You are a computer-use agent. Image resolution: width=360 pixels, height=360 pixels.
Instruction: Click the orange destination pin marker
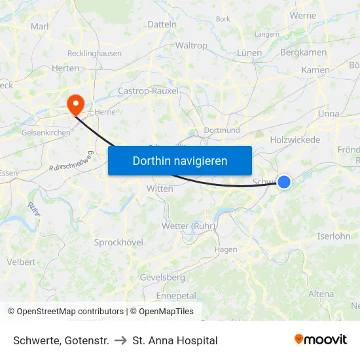[75, 102]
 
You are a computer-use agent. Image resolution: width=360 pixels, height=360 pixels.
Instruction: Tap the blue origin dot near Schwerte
[284, 182]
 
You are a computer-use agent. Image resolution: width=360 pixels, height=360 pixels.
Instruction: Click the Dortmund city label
[221, 130]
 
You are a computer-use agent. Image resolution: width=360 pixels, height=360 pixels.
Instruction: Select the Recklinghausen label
[94, 53]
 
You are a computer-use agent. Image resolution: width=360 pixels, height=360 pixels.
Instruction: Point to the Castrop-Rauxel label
[148, 91]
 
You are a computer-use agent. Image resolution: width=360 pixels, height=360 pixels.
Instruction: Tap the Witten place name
[160, 189]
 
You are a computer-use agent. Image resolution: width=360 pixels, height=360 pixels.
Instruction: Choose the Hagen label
[226, 249]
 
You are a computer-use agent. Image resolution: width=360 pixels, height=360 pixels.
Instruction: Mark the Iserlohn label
[333, 236]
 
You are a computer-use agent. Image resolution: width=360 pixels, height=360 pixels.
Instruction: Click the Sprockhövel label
[118, 242]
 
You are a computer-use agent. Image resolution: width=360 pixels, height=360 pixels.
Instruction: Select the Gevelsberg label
[162, 278]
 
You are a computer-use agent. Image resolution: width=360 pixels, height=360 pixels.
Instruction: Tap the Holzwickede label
[295, 139]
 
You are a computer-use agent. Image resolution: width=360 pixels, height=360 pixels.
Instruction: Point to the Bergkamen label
[303, 52]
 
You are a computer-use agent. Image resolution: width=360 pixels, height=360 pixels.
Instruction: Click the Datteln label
[163, 24]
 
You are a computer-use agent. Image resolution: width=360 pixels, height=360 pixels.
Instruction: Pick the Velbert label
[21, 262]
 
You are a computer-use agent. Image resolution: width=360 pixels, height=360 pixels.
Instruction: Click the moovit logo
[321, 340]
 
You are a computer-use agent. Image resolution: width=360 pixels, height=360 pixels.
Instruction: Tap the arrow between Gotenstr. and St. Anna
[120, 340]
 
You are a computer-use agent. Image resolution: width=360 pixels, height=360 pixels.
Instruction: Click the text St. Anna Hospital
[175, 340]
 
